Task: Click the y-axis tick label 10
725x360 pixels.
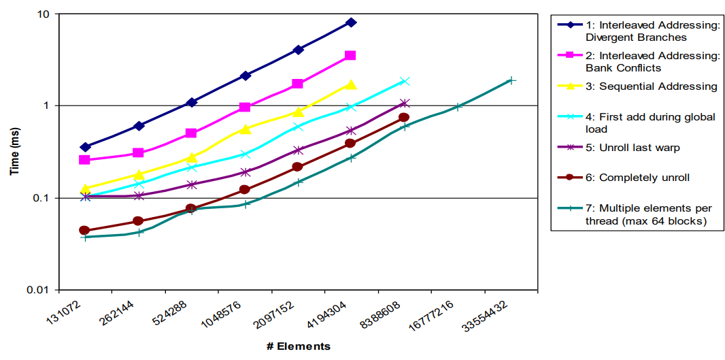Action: (x=43, y=14)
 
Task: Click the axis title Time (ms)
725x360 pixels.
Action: (x=15, y=151)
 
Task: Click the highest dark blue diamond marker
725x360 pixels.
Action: (x=352, y=22)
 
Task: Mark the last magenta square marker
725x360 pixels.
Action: (x=350, y=56)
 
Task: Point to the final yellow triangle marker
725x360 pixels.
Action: (x=351, y=84)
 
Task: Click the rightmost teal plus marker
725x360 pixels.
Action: (x=511, y=80)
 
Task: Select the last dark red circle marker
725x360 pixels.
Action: (x=404, y=118)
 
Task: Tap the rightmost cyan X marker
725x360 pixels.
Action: (x=405, y=82)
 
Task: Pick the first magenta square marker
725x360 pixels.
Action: (x=84, y=160)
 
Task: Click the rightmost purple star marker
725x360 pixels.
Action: (x=405, y=103)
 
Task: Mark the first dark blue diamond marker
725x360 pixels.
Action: (x=85, y=147)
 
